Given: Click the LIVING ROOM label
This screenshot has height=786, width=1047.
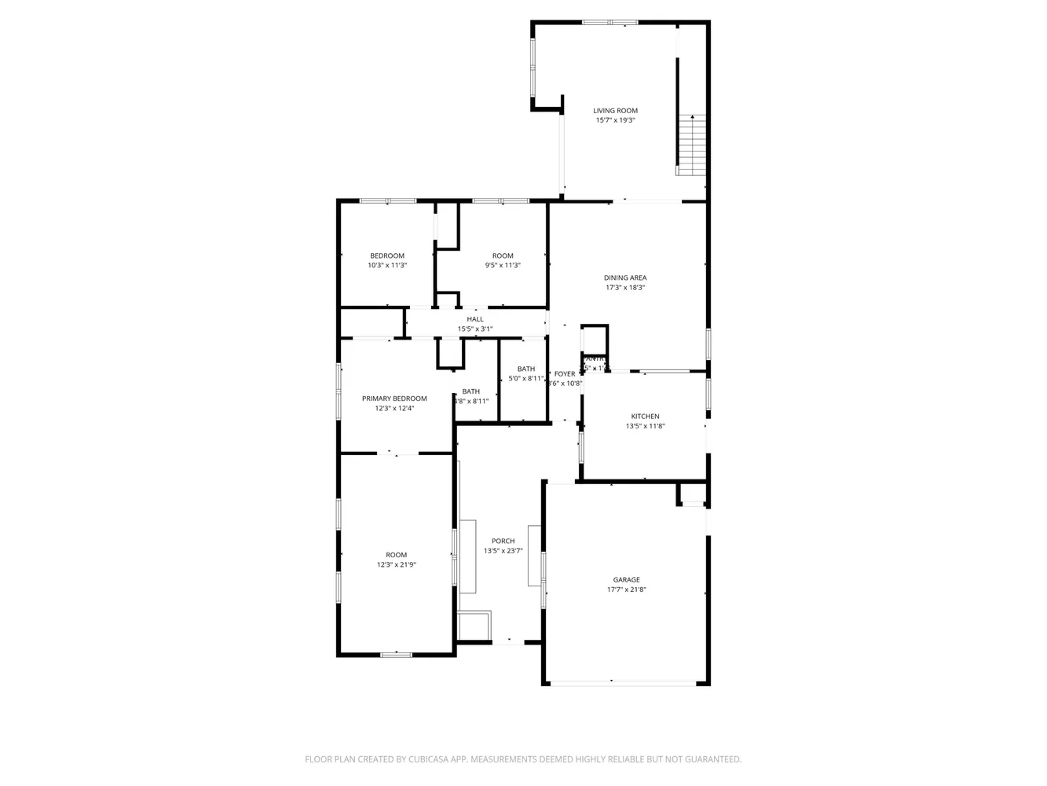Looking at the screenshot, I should click(x=615, y=111).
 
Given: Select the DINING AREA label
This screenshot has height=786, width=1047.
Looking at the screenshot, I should click(x=625, y=277).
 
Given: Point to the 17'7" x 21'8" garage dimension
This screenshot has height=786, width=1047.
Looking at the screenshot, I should click(x=626, y=589).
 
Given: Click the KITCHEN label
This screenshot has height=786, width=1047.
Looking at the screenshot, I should click(x=645, y=417).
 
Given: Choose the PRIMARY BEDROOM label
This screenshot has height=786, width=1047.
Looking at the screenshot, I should click(x=394, y=399).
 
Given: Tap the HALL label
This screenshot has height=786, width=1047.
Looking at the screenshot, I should click(x=475, y=319).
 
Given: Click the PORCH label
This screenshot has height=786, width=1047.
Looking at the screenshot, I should click(x=503, y=541).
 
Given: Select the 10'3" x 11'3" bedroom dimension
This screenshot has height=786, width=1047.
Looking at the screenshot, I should click(x=387, y=266).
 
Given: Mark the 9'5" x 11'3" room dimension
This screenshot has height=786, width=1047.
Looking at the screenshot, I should click(x=503, y=266).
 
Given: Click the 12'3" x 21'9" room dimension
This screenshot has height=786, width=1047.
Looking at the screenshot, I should click(x=396, y=564).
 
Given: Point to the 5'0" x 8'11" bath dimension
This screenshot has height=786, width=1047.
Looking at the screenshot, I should click(x=526, y=379).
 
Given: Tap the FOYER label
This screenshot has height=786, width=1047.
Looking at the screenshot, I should click(x=564, y=374).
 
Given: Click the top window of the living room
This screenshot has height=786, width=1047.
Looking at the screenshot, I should click(x=610, y=23).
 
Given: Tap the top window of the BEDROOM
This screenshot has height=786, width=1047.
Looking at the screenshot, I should click(x=387, y=201).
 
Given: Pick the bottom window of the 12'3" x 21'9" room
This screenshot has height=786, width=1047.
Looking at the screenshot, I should click(x=396, y=654).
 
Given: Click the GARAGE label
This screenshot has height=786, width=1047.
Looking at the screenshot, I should click(x=626, y=580).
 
